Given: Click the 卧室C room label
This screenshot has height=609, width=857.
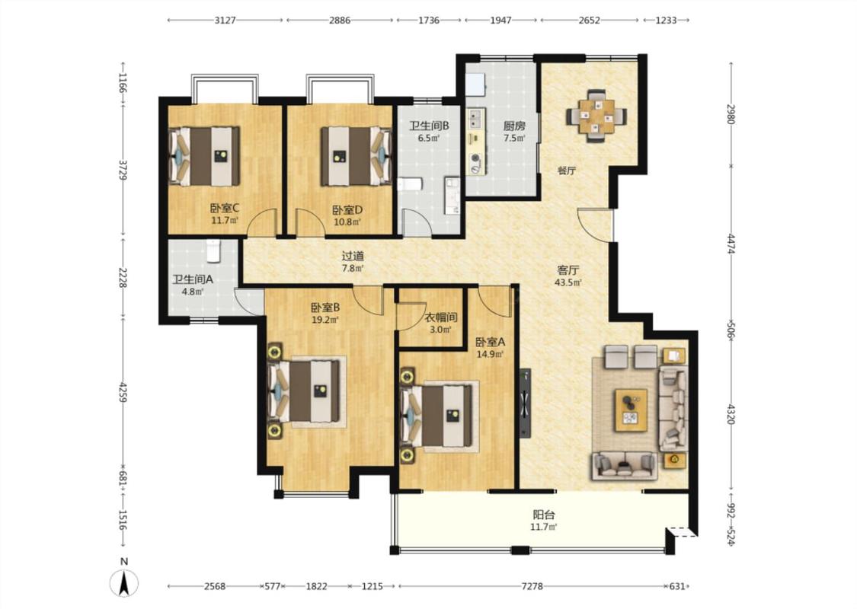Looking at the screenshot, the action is (225, 208).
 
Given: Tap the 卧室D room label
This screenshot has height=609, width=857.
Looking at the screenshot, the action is (347, 210).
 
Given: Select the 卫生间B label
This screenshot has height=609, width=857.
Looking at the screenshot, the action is (429, 126).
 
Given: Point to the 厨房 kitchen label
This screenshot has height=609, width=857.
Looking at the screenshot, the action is (514, 126).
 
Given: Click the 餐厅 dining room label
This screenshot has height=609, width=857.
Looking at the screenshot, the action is (566, 171).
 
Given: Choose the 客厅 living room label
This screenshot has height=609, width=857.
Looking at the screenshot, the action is (568, 269).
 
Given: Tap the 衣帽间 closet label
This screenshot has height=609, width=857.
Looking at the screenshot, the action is (441, 317).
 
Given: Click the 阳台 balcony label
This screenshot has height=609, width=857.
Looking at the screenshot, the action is (544, 515).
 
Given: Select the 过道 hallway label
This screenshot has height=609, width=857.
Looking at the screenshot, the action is (353, 256).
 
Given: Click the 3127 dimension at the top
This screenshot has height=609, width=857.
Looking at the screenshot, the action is (225, 21).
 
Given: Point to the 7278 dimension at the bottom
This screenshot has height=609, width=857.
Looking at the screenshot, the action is (532, 586).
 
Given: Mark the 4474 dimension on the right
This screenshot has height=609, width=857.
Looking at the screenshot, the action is (731, 244).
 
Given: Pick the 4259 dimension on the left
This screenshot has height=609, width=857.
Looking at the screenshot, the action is (124, 392).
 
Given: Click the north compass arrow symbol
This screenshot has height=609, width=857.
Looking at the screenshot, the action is (124, 583).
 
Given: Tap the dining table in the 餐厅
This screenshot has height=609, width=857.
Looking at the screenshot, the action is (596, 116).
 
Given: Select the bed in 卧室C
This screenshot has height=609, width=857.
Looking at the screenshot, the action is (204, 156).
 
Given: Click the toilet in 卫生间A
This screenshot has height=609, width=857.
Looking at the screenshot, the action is (213, 250).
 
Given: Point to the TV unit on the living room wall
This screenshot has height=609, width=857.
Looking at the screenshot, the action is (525, 403).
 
